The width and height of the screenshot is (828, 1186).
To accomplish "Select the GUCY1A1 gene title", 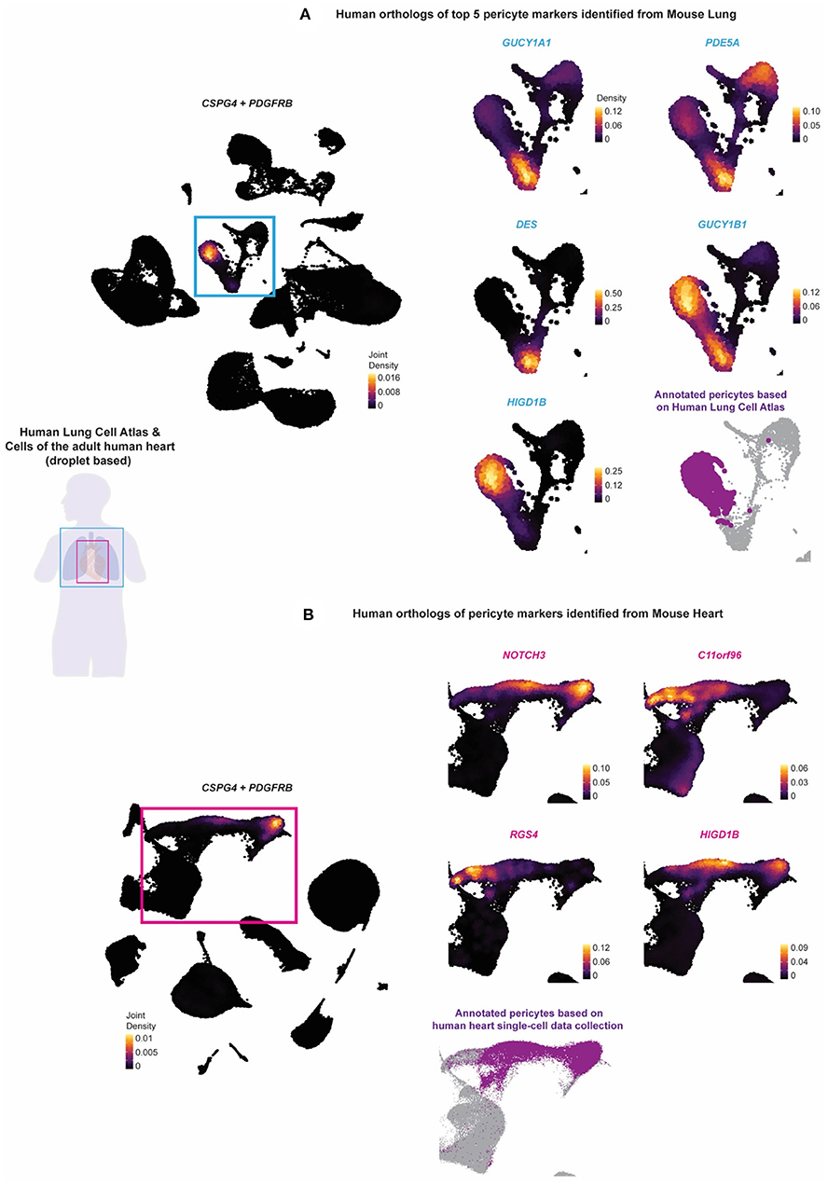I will pyautogui.click(x=504, y=46).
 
